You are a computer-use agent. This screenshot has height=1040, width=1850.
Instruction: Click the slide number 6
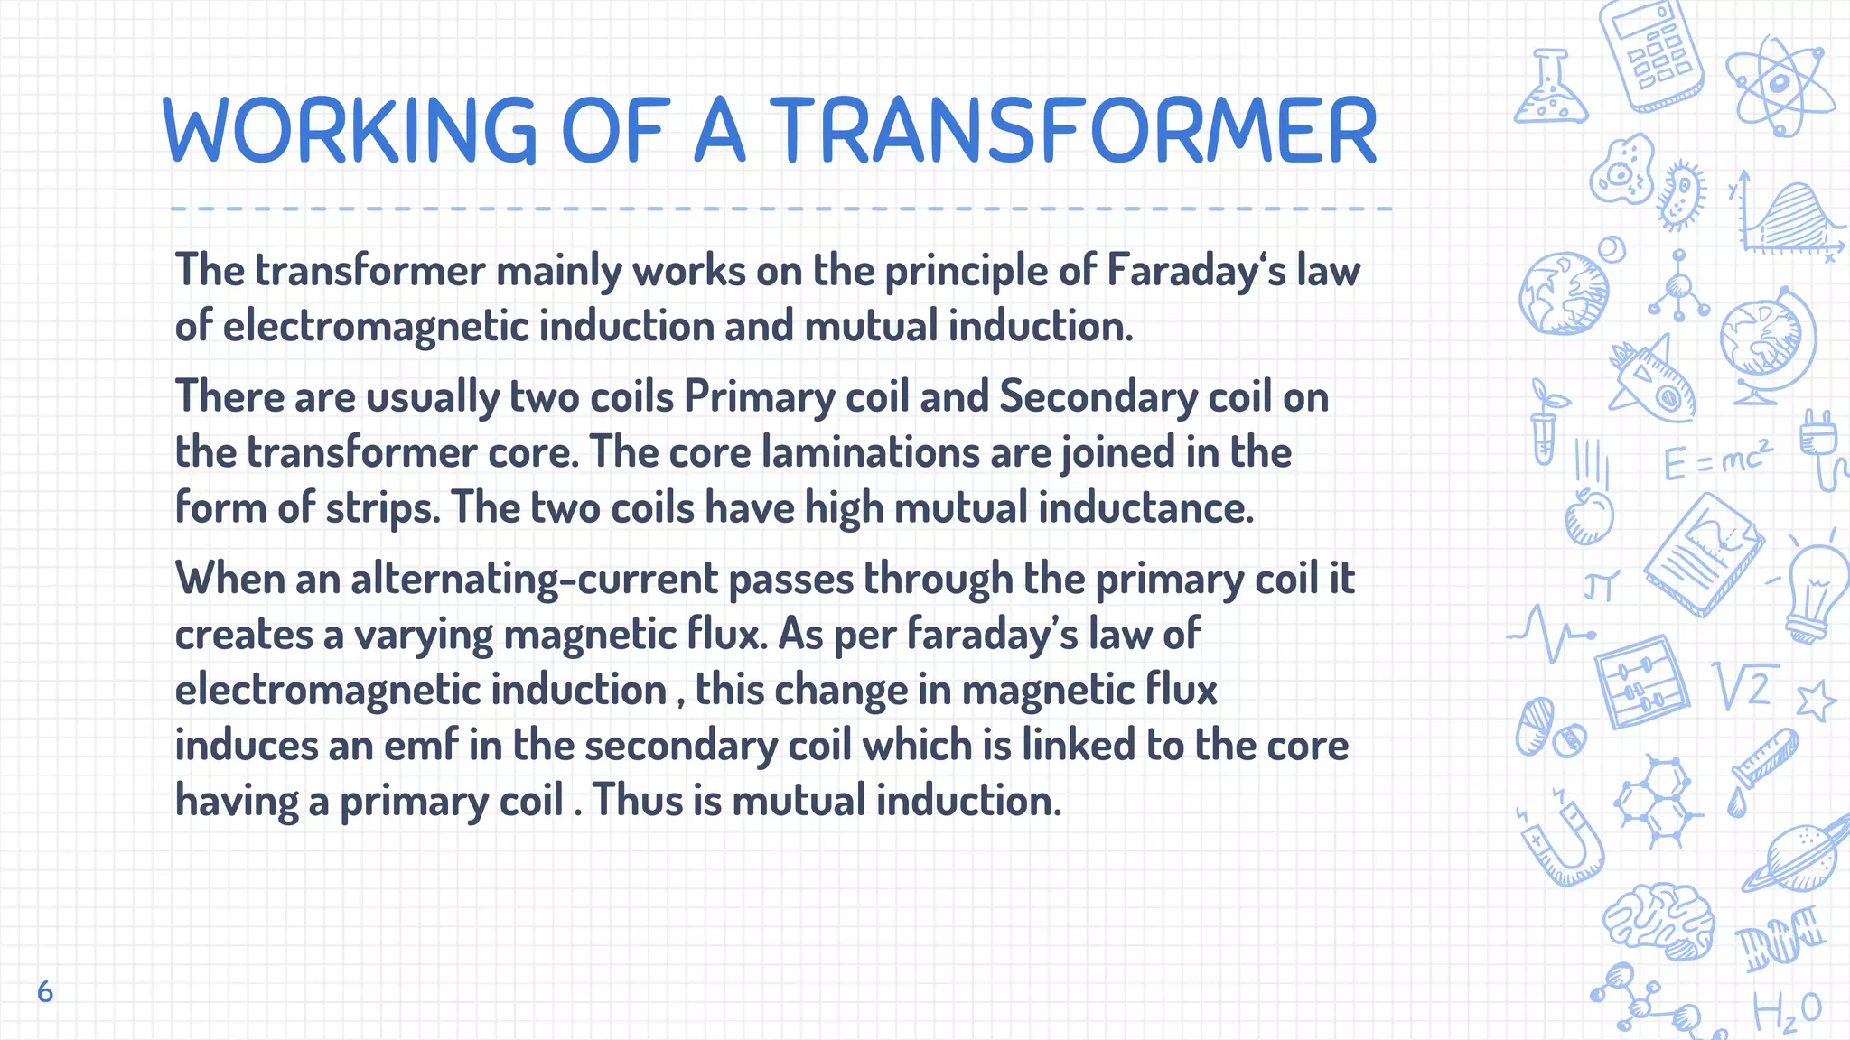tap(45, 992)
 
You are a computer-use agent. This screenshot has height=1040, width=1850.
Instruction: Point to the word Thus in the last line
tap(638, 801)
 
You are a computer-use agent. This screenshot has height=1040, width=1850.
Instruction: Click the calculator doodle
tap(1650, 54)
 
